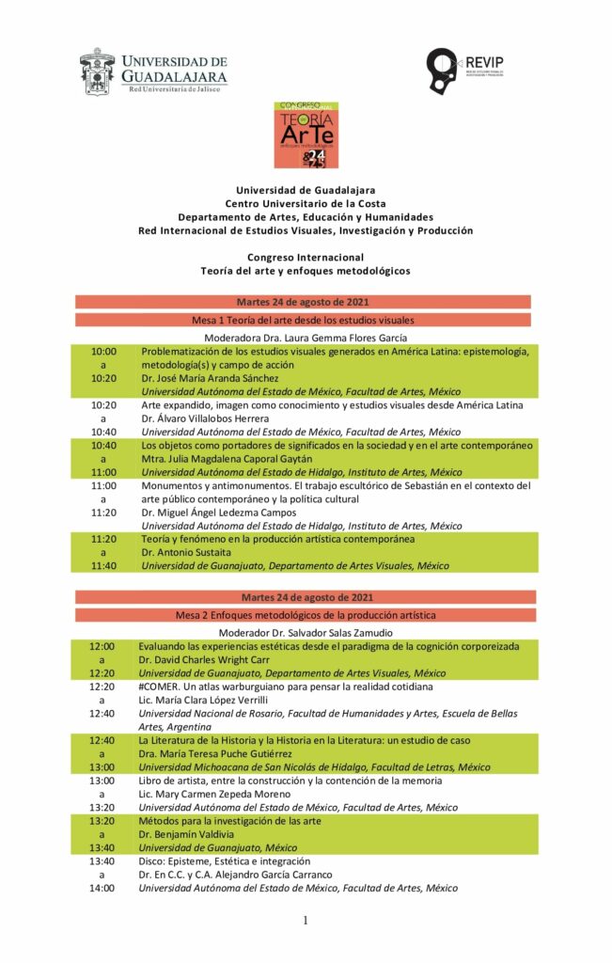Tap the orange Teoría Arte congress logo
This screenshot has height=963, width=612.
point(306,134)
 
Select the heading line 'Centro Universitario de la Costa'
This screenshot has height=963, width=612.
point(306,203)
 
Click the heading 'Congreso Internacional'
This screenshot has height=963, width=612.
point(306,257)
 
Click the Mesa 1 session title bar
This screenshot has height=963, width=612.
point(303,320)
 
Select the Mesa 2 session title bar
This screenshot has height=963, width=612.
point(303,615)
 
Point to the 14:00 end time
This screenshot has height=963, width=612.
point(102,888)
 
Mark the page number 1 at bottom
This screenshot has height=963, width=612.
point(306,921)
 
